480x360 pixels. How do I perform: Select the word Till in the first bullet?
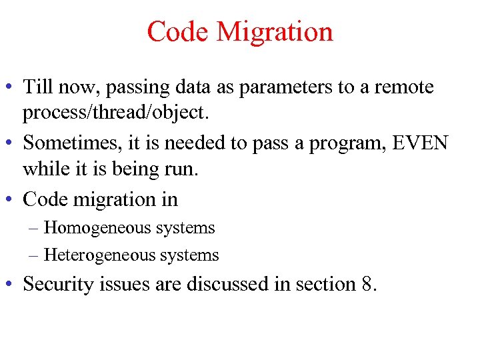tap(37, 87)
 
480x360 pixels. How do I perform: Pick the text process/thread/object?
tap(116, 113)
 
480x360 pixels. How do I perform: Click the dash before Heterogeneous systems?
tap(34, 255)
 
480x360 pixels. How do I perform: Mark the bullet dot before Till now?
tap(11, 88)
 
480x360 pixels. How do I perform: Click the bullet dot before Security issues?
tap(11, 285)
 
